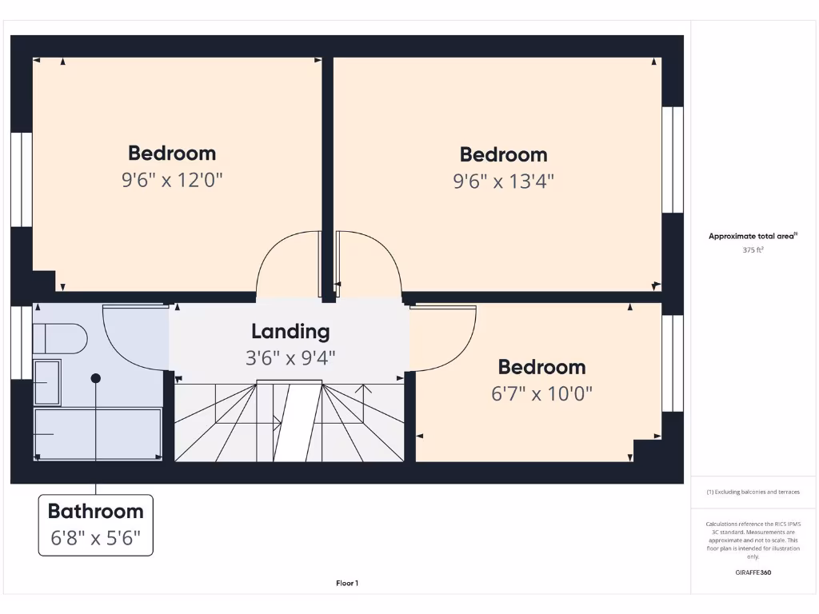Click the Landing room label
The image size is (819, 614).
[x=290, y=331]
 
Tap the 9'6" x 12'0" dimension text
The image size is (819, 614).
[x=171, y=180]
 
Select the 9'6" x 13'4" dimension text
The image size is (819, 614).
[x=503, y=181]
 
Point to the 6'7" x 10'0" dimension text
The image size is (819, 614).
[x=541, y=394]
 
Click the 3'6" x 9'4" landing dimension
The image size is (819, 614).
[x=290, y=357]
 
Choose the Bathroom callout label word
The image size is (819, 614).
[x=95, y=512]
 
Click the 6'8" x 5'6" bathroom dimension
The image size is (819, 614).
[x=95, y=538]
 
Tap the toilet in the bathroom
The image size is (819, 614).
[x=60, y=338]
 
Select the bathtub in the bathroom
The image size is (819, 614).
[x=98, y=433]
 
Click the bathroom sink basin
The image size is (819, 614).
[x=46, y=382]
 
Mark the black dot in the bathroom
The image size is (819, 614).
[x=96, y=377]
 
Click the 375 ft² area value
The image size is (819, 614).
[x=753, y=249]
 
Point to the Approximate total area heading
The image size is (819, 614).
[x=752, y=236]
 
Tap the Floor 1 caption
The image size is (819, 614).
[x=347, y=584]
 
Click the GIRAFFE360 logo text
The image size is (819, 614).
[x=753, y=572]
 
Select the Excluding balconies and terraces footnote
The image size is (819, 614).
[x=753, y=492]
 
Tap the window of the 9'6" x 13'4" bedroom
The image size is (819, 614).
[x=673, y=160]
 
